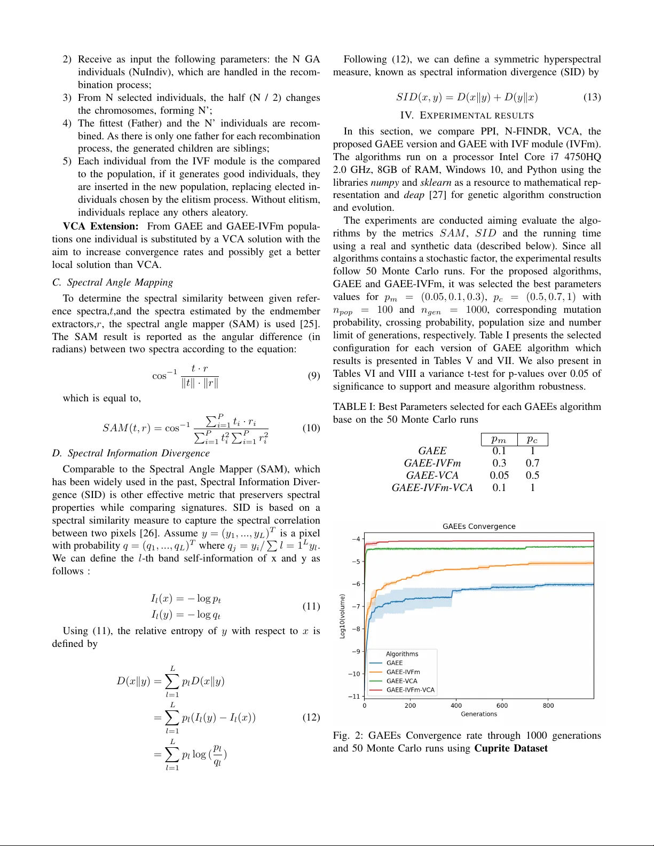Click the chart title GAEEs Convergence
click(479, 526)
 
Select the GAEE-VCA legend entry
click(401, 681)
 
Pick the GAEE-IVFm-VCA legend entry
click(410, 690)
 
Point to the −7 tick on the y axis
click(356, 606)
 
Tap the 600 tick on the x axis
click(502, 706)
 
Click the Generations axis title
click(479, 714)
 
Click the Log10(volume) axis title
click(342, 616)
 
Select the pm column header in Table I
click(499, 439)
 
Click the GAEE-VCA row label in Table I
click(432, 476)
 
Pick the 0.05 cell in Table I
click(499, 476)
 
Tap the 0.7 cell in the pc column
click(532, 463)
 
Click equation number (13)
click(592, 97)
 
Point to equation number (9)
click(313, 376)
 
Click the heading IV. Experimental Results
click(467, 115)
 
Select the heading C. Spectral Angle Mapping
click(113, 282)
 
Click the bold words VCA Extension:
click(101, 226)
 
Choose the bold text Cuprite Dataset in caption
click(510, 748)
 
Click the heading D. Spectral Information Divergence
click(131, 453)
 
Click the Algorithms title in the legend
click(401, 654)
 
